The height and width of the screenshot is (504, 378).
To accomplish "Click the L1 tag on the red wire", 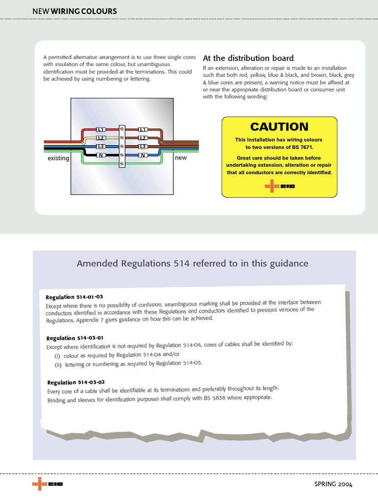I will tap(100, 129).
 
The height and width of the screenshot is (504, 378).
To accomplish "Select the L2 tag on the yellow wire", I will tap(100, 138).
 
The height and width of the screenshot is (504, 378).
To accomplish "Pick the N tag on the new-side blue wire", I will tap(143, 155).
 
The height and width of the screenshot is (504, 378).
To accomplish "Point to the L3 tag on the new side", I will tap(143, 147).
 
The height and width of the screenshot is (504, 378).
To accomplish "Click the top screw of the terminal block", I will tap(122, 129).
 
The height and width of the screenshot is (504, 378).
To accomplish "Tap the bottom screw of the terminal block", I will tap(122, 163).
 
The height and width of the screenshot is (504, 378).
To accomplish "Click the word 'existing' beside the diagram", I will tap(58, 158).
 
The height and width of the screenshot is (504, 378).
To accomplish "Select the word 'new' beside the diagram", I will tap(181, 158).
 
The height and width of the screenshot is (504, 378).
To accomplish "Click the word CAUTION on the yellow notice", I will tap(279, 126).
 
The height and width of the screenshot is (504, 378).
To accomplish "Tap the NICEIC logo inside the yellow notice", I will tap(280, 186).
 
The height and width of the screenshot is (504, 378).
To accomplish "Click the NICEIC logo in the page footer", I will tap(47, 484).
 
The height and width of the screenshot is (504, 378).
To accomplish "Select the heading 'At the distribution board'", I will tap(248, 58).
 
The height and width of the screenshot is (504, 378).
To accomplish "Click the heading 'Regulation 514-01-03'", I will tap(74, 297).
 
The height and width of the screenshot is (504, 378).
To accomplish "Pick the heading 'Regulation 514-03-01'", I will tap(75, 338).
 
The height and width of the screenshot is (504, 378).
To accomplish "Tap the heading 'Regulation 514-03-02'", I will tap(76, 382).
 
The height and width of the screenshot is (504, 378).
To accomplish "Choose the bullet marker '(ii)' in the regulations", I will tap(58, 365).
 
